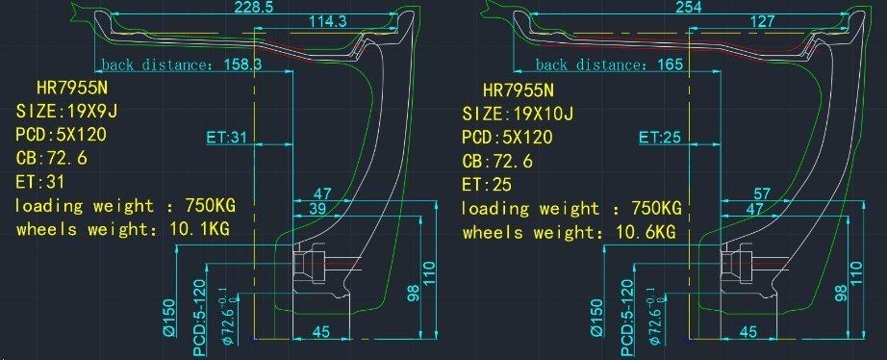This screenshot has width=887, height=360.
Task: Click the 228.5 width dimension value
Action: point(251,8)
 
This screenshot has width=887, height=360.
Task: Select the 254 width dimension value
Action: point(688,8)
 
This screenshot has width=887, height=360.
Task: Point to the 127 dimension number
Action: point(761,22)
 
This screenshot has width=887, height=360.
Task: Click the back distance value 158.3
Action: point(242,64)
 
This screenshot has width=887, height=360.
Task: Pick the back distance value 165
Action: point(670,64)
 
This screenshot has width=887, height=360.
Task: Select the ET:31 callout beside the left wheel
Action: point(228,138)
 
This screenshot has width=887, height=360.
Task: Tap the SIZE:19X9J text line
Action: point(66,111)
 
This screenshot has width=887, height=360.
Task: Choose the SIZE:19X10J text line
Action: point(518,115)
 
